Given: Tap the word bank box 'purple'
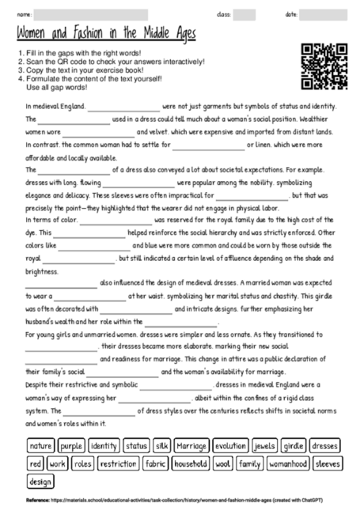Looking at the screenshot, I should click(x=71, y=445).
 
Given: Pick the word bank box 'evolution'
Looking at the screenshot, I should click(x=231, y=445).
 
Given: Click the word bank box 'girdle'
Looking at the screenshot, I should click(x=294, y=445).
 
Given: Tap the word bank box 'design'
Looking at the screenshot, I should click(x=40, y=482).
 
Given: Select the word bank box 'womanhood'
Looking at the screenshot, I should click(x=288, y=463).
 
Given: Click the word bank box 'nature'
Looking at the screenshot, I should click(x=40, y=445).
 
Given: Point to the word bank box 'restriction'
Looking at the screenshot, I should click(x=118, y=463).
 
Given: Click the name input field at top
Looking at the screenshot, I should click(x=92, y=14).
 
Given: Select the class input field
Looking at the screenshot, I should click(x=245, y=14).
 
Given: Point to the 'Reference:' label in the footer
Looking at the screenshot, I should click(x=37, y=501).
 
